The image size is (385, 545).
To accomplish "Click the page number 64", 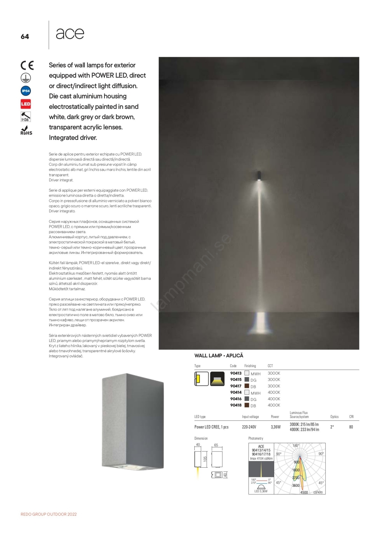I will [x=25, y=36].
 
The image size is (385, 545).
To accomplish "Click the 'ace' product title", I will [x=70, y=34].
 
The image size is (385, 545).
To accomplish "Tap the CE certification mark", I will [x=27, y=65].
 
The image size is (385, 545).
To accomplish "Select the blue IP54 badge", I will [x=26, y=91].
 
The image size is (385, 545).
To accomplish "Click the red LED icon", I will [x=26, y=104].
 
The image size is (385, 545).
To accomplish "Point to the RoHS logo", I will [x=26, y=130].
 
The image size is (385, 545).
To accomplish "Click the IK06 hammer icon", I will [x=26, y=117].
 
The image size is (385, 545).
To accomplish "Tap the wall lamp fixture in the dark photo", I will [x=259, y=175].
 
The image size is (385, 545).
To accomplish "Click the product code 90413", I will [x=236, y=373].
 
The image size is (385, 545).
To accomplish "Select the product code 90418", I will [x=236, y=405].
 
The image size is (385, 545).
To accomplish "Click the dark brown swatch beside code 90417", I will [x=247, y=386].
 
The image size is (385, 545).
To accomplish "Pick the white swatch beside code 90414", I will [x=247, y=392].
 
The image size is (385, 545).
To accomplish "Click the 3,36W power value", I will [x=276, y=427].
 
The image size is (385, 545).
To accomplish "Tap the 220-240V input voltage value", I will [x=249, y=427].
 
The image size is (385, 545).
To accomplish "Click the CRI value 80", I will [x=351, y=427].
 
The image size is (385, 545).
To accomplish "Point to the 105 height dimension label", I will [x=205, y=459].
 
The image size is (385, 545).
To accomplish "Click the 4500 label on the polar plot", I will [x=304, y=492].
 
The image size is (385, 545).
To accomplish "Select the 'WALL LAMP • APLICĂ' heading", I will [x=219, y=356].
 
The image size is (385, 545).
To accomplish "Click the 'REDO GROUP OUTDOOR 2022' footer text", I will [x=49, y=514].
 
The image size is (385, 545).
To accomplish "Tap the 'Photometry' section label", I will [x=256, y=438].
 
